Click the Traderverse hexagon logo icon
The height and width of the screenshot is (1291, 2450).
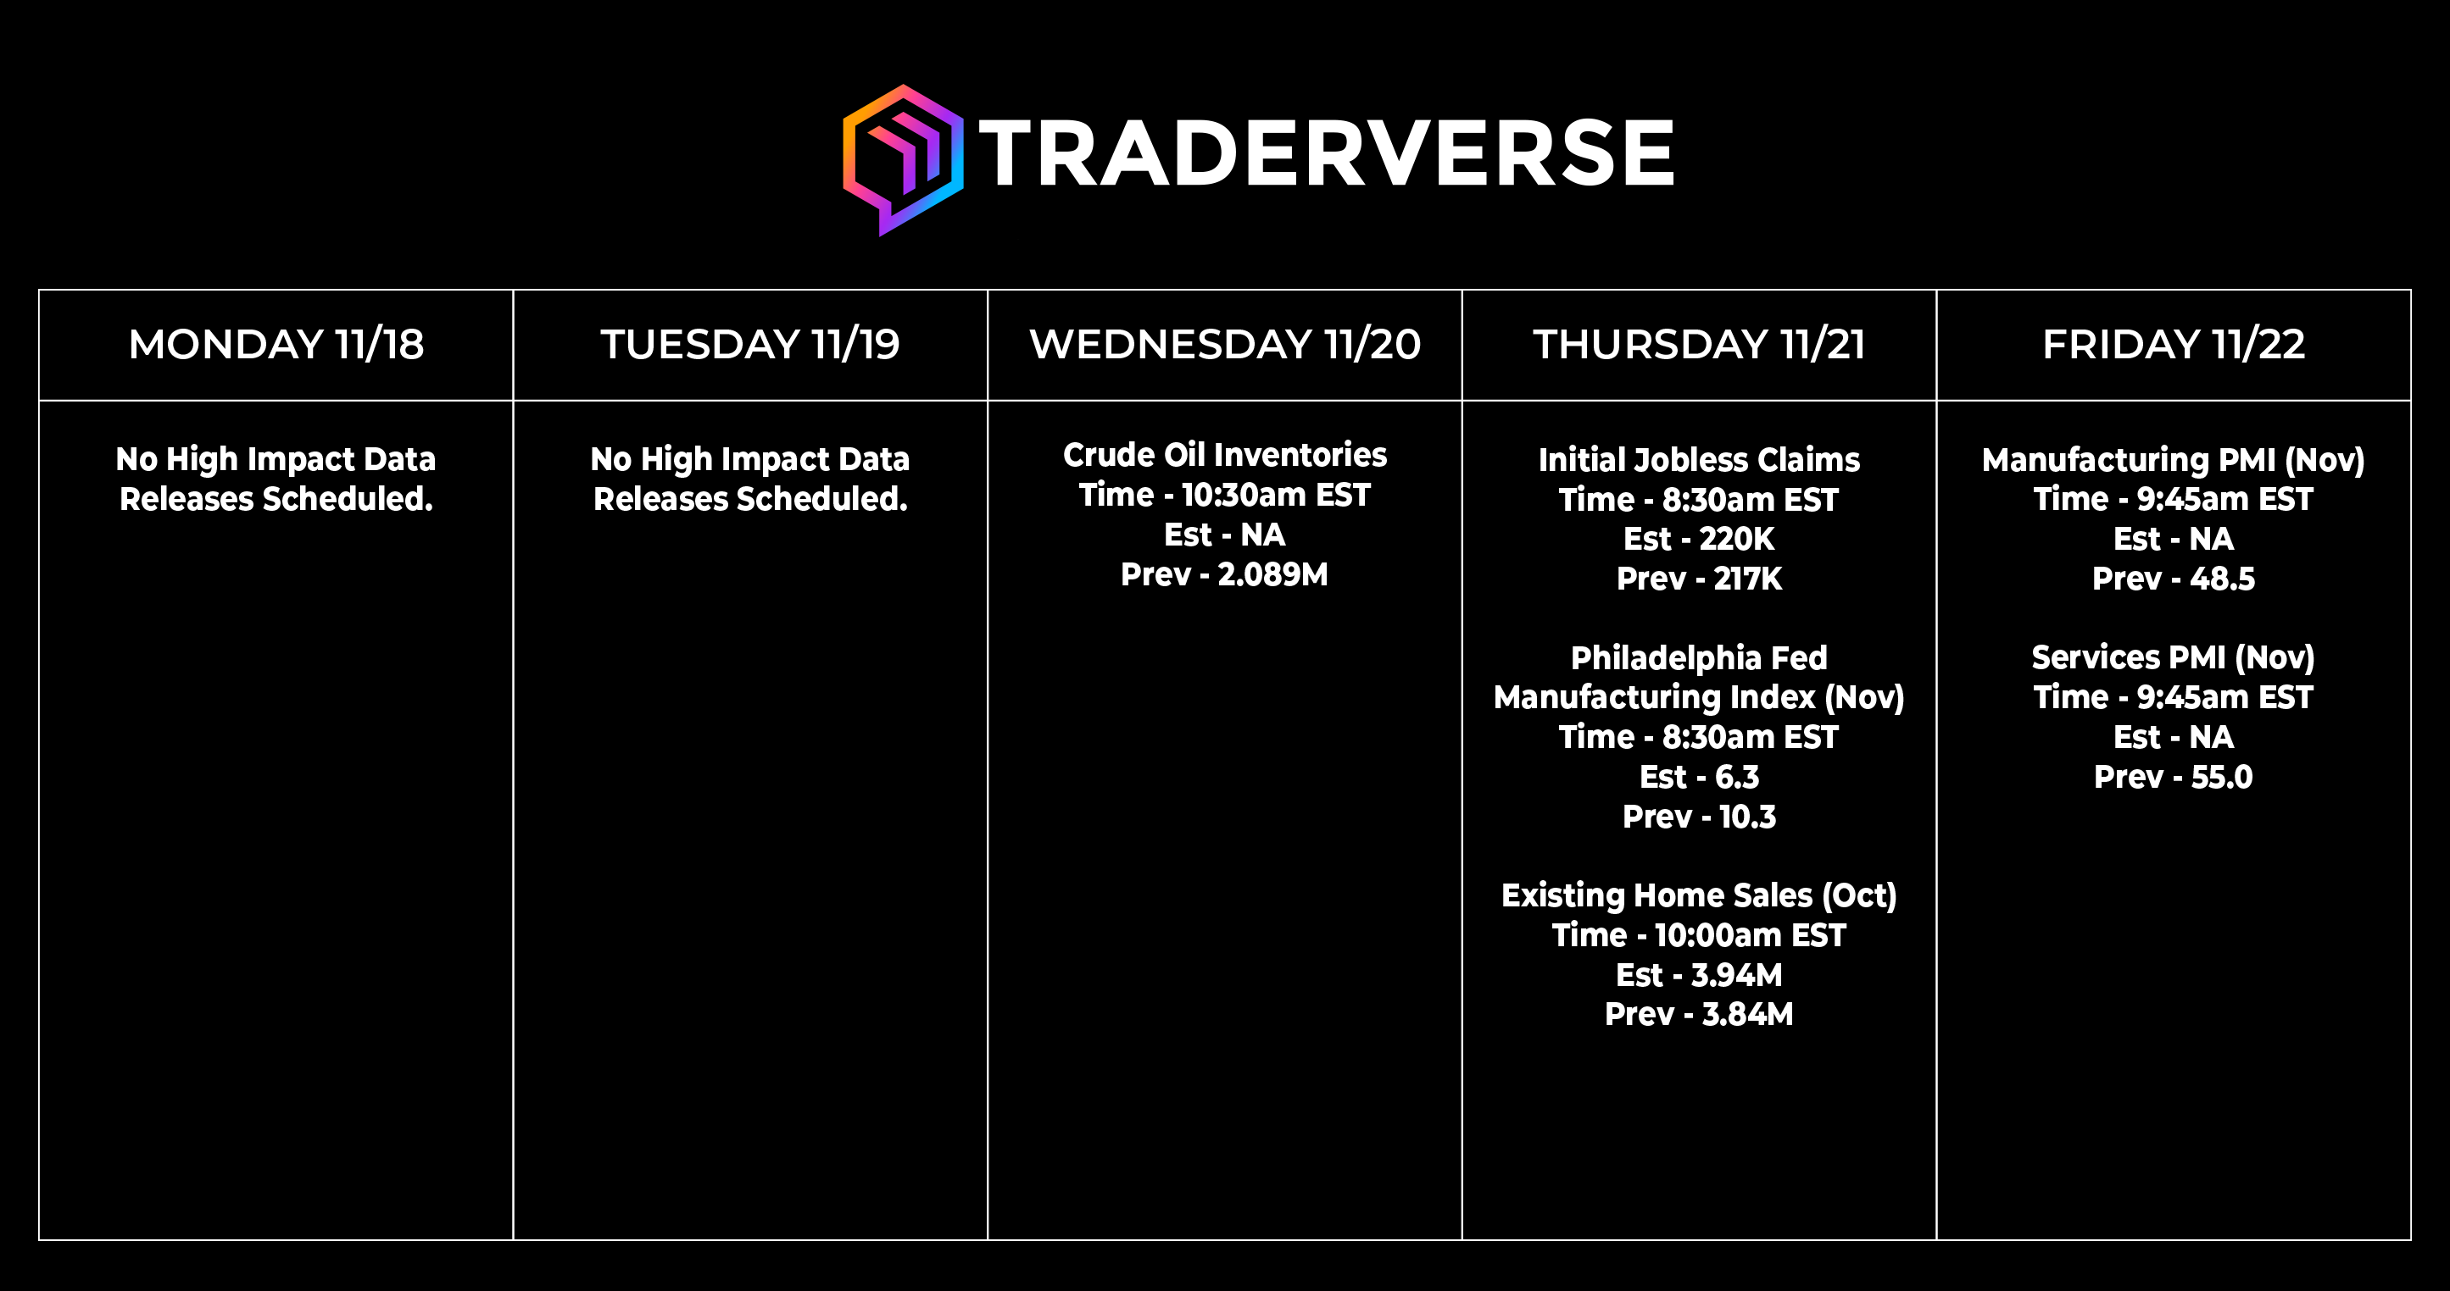(x=903, y=160)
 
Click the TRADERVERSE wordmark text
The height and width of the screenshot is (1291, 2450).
(x=1327, y=153)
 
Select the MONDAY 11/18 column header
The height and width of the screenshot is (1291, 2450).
(x=276, y=344)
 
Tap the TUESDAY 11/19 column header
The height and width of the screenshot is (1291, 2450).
(x=749, y=344)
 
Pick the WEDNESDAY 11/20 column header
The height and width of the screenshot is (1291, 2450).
(x=1225, y=344)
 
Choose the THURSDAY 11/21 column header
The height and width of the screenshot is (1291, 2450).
(x=1699, y=344)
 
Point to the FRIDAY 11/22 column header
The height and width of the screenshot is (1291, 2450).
(x=2174, y=344)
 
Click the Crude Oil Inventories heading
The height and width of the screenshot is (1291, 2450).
(x=1225, y=456)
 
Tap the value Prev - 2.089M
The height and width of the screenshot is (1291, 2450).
(x=1224, y=574)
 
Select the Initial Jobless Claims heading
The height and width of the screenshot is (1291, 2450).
(x=1699, y=460)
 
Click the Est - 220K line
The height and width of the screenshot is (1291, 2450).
(x=1699, y=539)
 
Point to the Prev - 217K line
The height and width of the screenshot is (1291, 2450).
(x=1699, y=578)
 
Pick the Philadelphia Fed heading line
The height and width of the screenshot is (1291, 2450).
(x=1699, y=658)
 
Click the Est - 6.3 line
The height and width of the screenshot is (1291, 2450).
(x=1699, y=777)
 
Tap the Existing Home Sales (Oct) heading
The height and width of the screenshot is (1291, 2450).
(x=1699, y=895)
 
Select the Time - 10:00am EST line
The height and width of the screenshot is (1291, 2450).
(x=1699, y=935)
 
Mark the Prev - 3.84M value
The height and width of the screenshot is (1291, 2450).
(x=1699, y=1014)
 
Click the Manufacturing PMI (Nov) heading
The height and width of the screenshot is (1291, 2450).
(x=2174, y=460)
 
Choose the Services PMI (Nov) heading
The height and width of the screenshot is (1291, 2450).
(x=2174, y=658)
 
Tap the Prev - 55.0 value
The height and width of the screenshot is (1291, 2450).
(x=2174, y=777)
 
